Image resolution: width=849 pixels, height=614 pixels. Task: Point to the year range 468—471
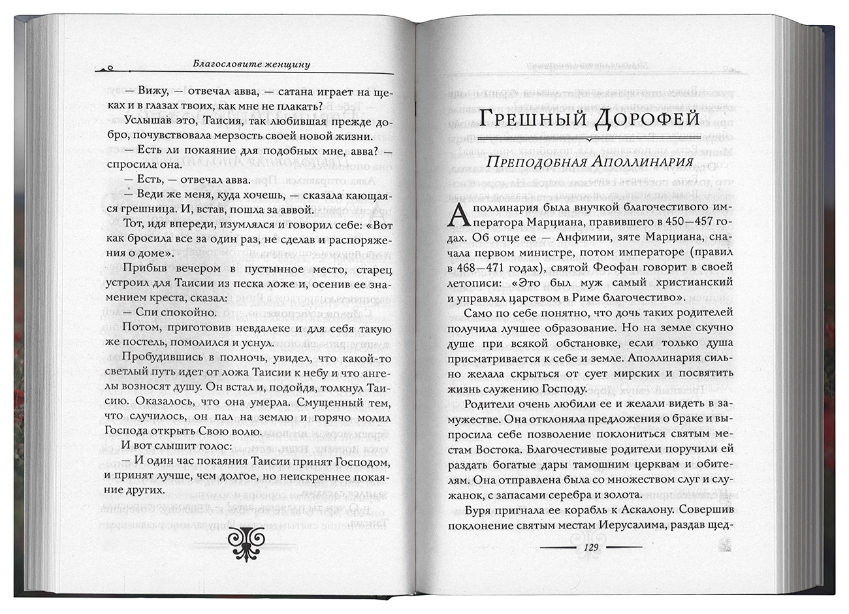484,267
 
